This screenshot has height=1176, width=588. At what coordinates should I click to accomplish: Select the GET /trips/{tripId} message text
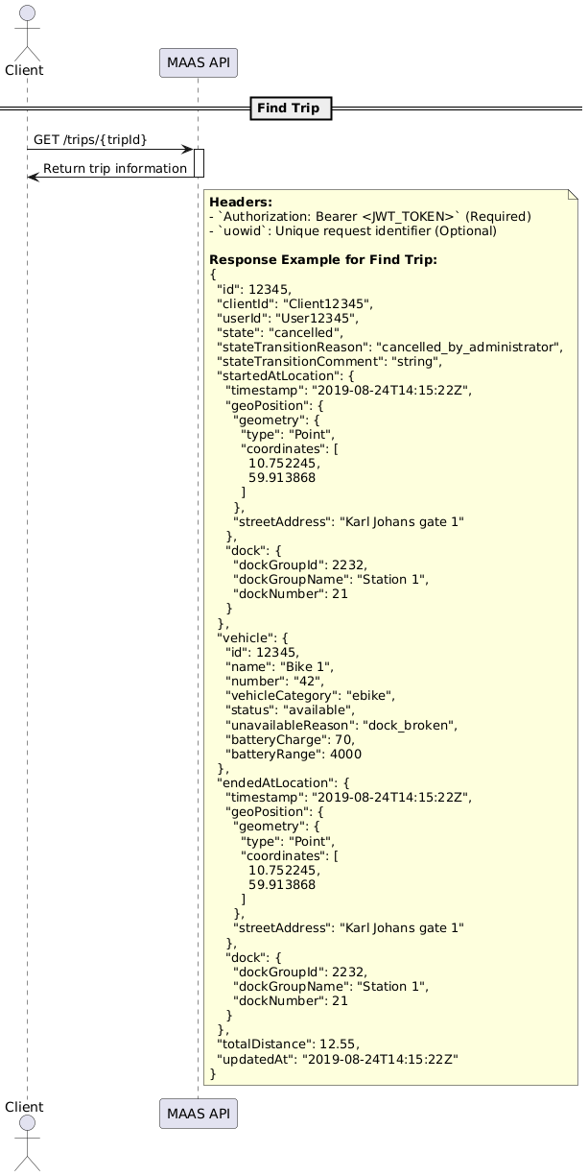90,140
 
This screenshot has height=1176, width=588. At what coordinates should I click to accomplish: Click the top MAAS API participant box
198,62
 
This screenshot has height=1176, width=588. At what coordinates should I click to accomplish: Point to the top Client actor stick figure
27,29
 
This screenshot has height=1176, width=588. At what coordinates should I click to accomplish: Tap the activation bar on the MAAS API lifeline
198,163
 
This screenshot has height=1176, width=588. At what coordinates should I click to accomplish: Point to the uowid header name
232,231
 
